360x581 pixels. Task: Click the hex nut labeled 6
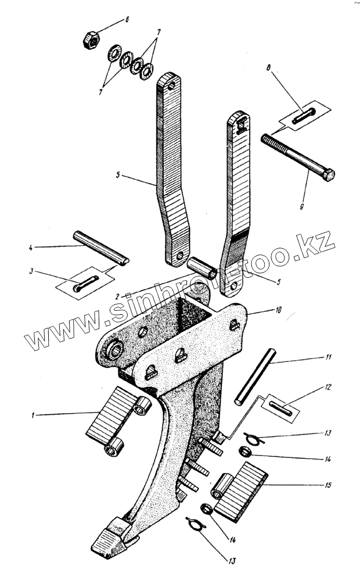point(91,41)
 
